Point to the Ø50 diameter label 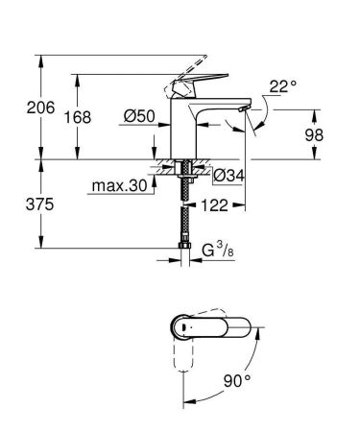[138, 116]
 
